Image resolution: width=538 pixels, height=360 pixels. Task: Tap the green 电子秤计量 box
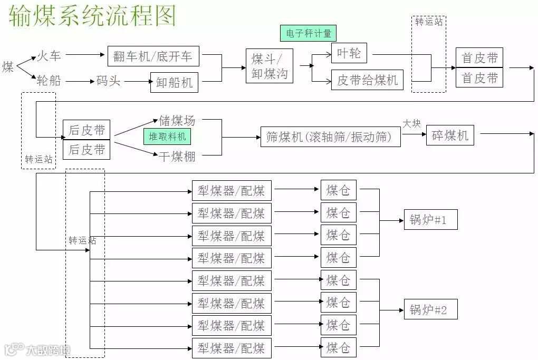click(x=309, y=33)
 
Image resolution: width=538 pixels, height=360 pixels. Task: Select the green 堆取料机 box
click(x=167, y=137)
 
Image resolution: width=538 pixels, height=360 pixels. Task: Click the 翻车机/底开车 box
click(x=153, y=56)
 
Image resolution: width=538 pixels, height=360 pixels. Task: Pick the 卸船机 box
click(x=174, y=82)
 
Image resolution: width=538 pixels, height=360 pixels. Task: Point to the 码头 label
click(x=108, y=81)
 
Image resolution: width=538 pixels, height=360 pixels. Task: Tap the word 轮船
click(x=49, y=81)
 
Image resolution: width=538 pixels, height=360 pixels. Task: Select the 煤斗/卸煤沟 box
click(x=269, y=66)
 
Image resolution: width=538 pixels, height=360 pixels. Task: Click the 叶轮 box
click(x=349, y=53)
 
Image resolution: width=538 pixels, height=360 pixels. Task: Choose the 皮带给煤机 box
click(x=367, y=80)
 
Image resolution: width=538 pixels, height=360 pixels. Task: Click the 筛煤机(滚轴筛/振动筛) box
click(x=330, y=137)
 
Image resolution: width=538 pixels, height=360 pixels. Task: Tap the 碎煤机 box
click(x=450, y=135)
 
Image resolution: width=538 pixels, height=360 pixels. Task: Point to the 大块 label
click(x=412, y=124)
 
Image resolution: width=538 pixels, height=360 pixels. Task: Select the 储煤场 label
click(x=177, y=121)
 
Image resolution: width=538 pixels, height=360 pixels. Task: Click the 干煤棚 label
click(x=177, y=156)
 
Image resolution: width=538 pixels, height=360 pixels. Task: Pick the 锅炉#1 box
click(x=430, y=220)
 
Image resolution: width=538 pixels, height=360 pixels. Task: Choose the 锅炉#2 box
click(x=430, y=310)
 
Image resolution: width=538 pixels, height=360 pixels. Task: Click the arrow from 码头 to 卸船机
click(x=135, y=82)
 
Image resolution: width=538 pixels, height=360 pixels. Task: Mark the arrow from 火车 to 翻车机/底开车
click(x=86, y=54)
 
